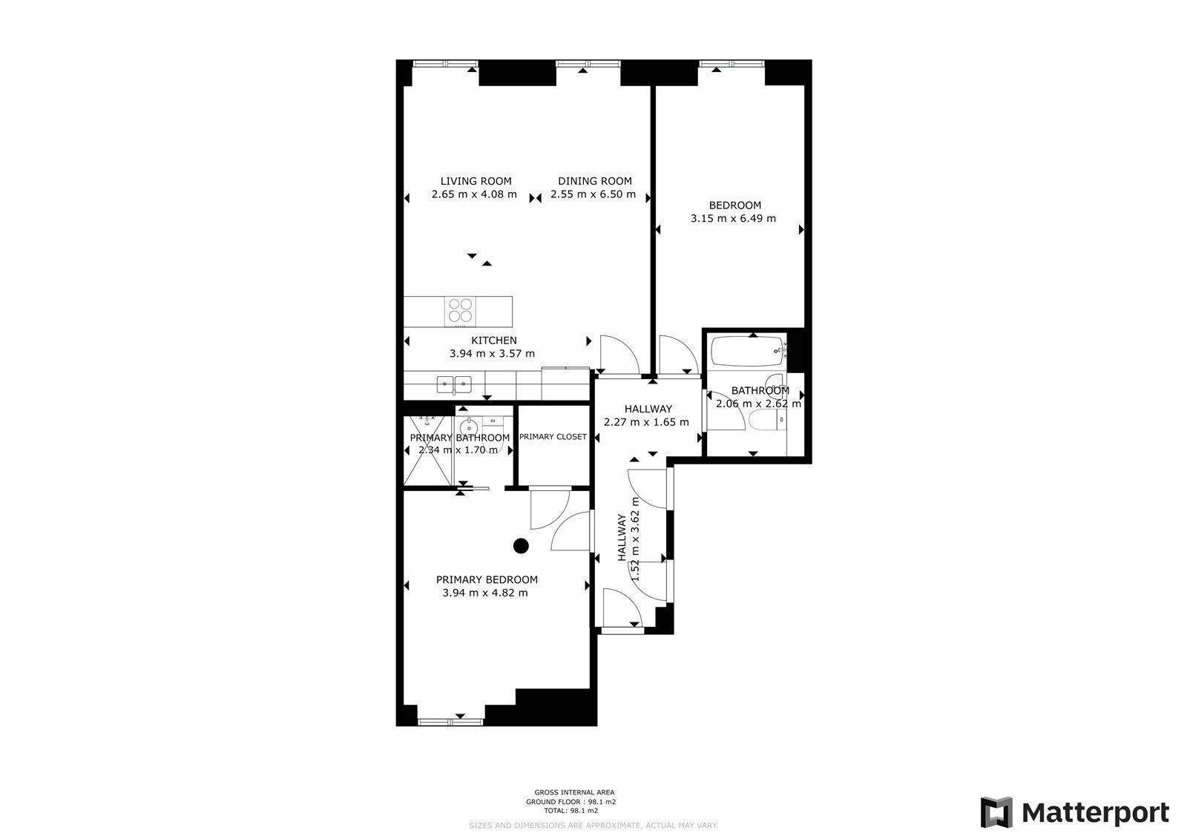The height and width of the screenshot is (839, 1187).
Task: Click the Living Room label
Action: pos(476,181)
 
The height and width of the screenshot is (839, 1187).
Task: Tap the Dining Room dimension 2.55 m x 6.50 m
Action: pos(593,194)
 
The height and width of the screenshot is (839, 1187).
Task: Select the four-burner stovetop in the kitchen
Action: pos(460,310)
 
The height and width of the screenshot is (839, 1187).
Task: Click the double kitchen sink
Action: pos(454,384)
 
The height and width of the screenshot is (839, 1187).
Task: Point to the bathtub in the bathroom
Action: pos(747,352)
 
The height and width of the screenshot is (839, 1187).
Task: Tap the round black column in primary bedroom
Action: pos(521,546)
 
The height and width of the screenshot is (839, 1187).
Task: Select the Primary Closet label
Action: pos(553,437)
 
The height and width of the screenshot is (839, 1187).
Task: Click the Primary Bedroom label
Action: pos(487,579)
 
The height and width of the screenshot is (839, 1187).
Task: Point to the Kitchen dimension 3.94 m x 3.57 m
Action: pos(492,354)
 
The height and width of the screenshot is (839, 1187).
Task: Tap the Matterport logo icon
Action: pos(996,812)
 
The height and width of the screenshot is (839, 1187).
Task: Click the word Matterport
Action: pos(1095,813)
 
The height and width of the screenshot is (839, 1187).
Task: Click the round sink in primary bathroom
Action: pos(469,427)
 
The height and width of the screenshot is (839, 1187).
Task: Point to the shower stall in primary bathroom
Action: pos(427,449)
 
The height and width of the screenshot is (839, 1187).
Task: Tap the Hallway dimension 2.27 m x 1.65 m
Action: pos(647,422)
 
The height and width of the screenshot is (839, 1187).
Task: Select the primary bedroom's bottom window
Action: pos(450,720)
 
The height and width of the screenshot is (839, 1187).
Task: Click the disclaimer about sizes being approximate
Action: pos(593,825)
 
